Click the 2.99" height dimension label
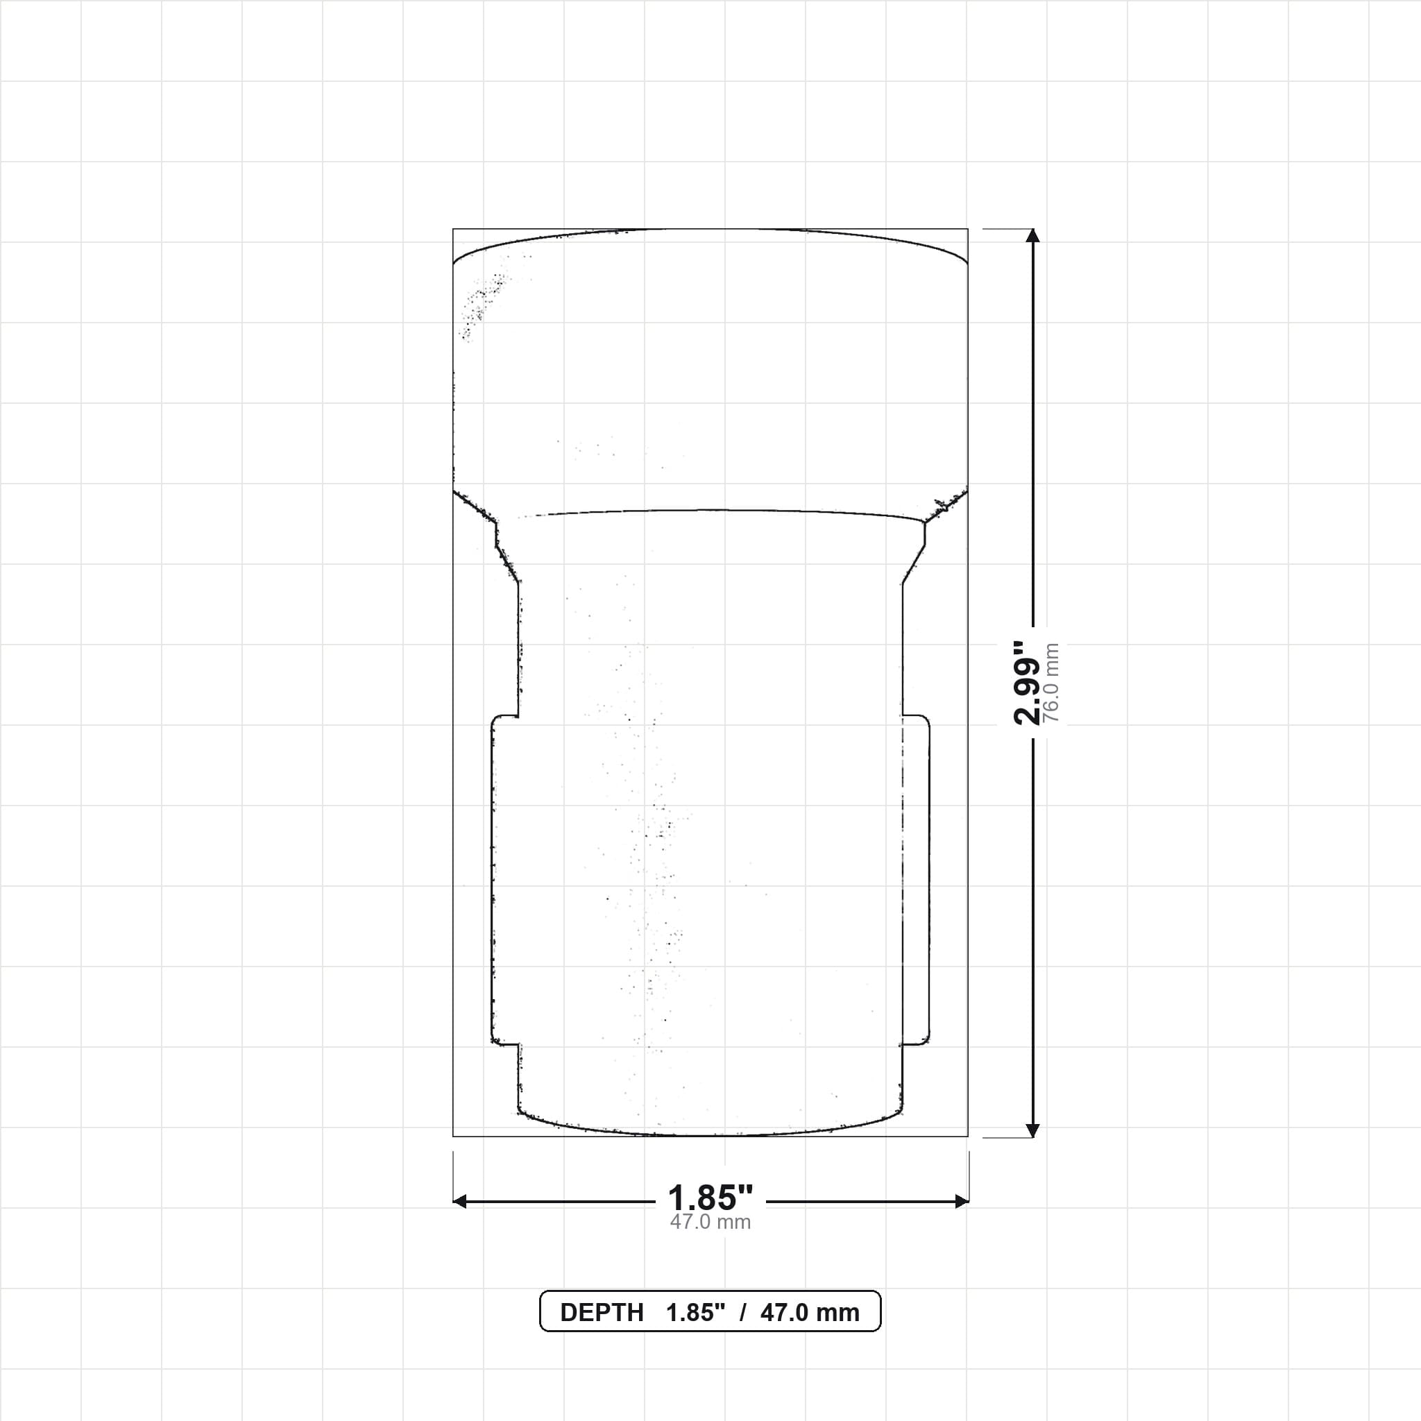tap(1027, 683)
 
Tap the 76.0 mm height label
tap(1051, 683)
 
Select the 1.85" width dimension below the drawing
tap(710, 1198)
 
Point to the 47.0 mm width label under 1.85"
tap(710, 1222)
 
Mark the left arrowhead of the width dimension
tap(460, 1202)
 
